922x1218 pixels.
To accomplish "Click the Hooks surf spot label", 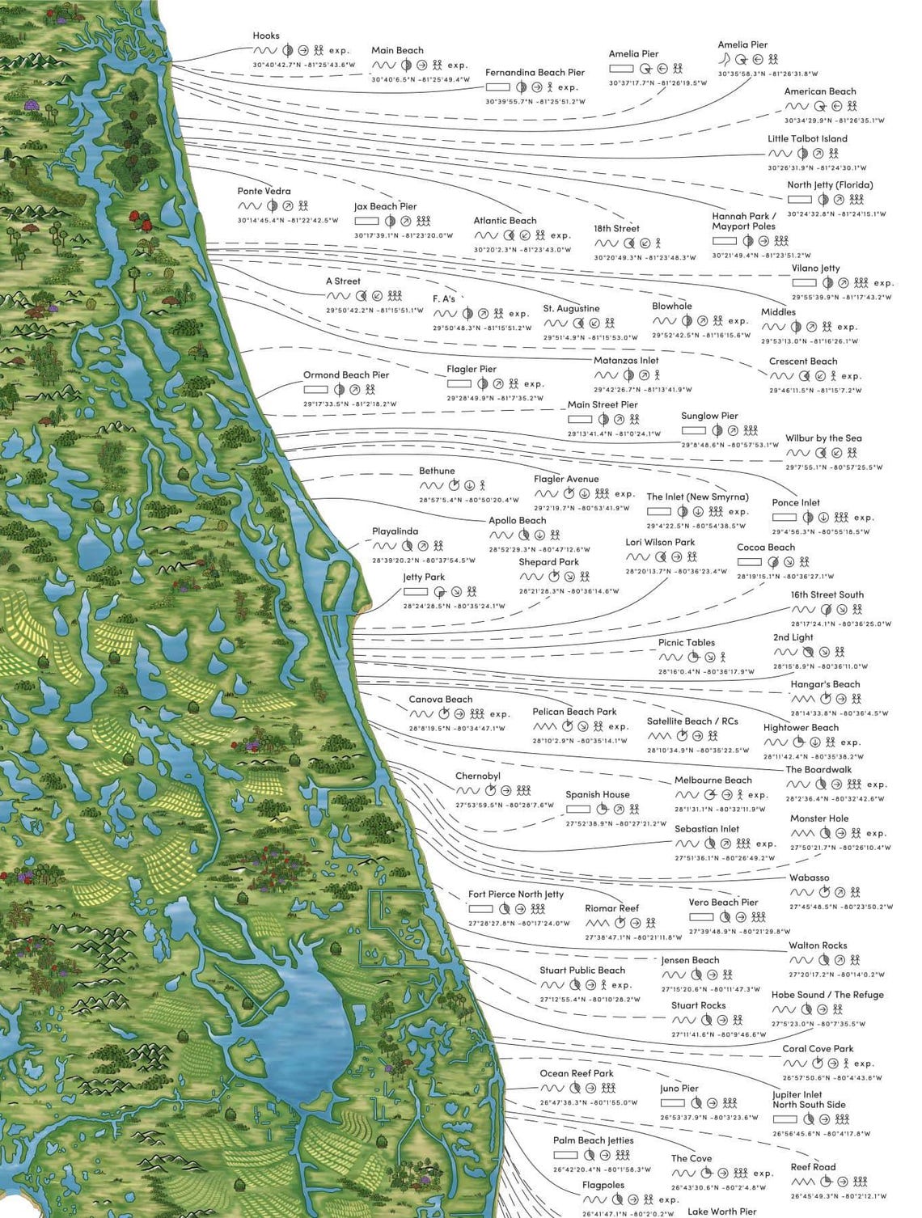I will pyautogui.click(x=266, y=36).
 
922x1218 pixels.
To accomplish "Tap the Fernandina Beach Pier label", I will pyautogui.click(x=535, y=73).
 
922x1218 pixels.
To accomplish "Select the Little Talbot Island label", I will pyautogui.click(x=807, y=139).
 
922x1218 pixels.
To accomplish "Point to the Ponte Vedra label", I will pyautogui.click(x=264, y=192).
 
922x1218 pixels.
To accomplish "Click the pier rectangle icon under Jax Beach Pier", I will pyautogui.click(x=366, y=221).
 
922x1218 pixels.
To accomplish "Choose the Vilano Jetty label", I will pyautogui.click(x=816, y=269).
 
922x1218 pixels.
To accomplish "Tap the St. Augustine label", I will pyautogui.click(x=571, y=309).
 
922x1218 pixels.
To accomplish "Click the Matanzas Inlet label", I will pyautogui.click(x=626, y=361).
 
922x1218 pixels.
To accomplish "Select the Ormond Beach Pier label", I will pyautogui.click(x=346, y=375).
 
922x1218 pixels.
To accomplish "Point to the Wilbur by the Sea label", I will pyautogui.click(x=823, y=438).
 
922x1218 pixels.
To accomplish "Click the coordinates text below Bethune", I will pyautogui.click(x=457, y=500).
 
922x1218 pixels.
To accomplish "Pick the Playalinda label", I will pyautogui.click(x=395, y=532).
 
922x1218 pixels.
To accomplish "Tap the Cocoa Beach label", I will pyautogui.click(x=765, y=548).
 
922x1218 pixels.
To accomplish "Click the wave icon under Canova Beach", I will pyautogui.click(x=421, y=714).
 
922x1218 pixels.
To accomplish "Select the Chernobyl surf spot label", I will pyautogui.click(x=477, y=776).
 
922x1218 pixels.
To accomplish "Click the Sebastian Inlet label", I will pyautogui.click(x=706, y=829).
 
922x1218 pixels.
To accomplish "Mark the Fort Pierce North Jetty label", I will pyautogui.click(x=516, y=894).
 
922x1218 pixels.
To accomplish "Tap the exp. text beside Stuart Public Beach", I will pyautogui.click(x=621, y=985).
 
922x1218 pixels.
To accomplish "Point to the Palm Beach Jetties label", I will pyautogui.click(x=593, y=1140).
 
